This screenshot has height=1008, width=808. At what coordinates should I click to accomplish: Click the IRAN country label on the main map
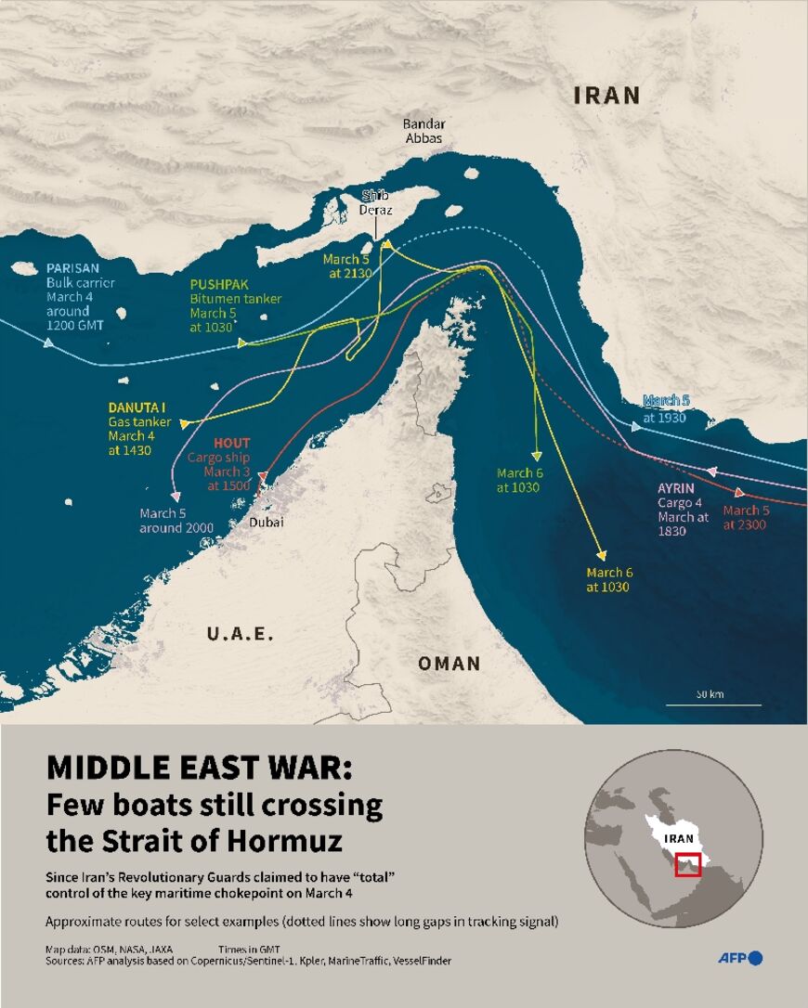coord(606,95)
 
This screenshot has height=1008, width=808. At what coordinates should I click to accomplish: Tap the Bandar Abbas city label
coord(424,131)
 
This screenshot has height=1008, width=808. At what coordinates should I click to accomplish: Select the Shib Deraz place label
coord(377,202)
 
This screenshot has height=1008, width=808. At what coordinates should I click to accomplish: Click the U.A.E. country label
coord(240,634)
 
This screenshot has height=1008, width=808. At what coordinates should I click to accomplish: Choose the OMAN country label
coord(450,663)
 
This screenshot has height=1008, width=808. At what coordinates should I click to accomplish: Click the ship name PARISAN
coord(73,268)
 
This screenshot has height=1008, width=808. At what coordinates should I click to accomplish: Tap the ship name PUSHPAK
coord(220,284)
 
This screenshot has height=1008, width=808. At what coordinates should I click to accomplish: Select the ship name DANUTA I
coord(137,407)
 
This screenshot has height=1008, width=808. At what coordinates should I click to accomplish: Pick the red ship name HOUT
coord(232,443)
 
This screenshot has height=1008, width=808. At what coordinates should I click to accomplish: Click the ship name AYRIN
coord(676,488)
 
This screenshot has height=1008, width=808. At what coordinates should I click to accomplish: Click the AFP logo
coord(739,958)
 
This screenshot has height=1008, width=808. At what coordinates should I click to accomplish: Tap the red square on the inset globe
coord(688,864)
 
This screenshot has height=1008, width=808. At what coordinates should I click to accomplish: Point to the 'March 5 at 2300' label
coord(746,517)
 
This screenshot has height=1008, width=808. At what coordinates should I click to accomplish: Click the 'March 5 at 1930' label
coord(667,409)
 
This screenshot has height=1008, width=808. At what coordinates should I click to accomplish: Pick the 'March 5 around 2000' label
coord(176,520)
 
